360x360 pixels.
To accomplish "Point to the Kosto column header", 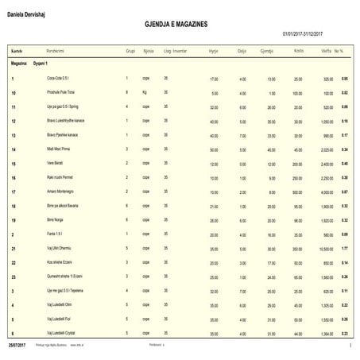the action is pos(298,49).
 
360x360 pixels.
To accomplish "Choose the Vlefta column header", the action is pos(325,49).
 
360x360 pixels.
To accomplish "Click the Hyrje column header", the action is pos(213,49).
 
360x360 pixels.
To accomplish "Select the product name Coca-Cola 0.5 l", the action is pos(61,79).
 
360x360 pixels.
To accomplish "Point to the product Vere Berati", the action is pos(58,163).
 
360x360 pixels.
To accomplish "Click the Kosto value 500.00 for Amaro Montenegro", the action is pos(297,192).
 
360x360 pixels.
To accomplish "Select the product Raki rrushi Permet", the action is pos(64,177).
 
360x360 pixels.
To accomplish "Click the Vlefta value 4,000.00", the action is pos(325,192).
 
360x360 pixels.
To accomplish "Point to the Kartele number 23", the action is pos(14,277).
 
